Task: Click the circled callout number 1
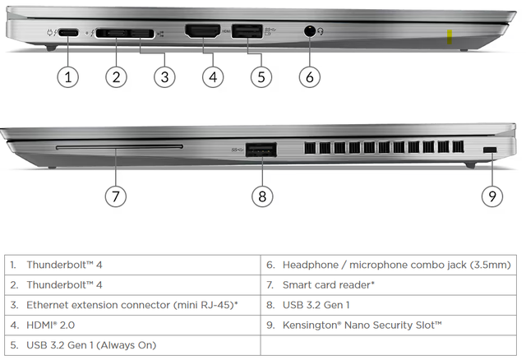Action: click(68, 77)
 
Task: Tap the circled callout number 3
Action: click(165, 77)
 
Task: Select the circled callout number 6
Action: click(309, 77)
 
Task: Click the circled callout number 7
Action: click(116, 196)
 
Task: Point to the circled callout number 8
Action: click(261, 196)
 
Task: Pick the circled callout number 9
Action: click(491, 196)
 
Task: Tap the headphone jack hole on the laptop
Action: click(309, 32)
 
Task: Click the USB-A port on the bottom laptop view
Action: click(261, 150)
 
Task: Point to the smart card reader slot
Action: click(120, 149)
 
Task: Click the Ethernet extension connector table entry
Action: click(131, 305)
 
